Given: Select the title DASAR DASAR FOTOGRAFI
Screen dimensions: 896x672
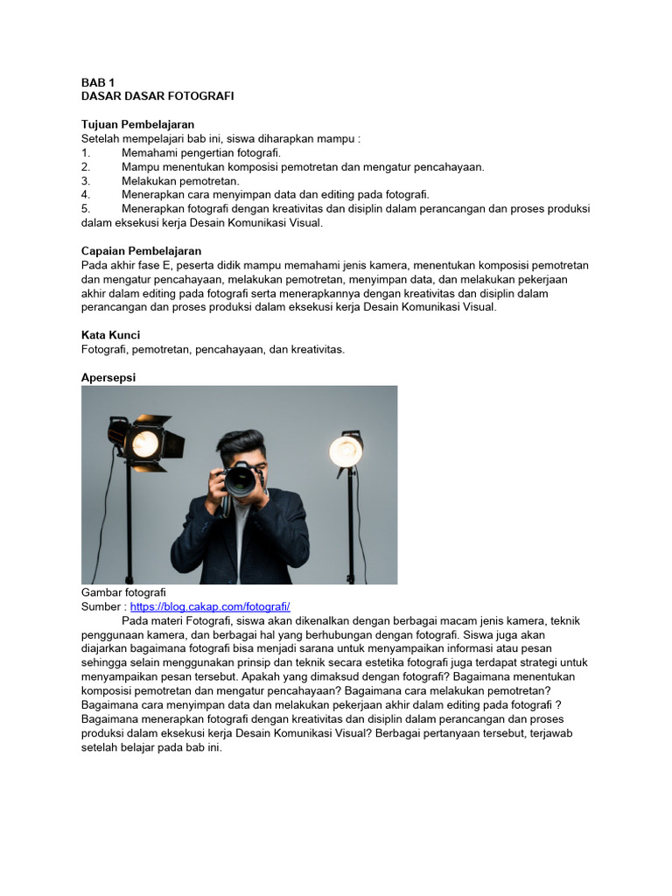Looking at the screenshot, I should click(x=157, y=95).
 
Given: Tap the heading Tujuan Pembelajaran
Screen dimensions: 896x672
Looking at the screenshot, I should click(x=137, y=124).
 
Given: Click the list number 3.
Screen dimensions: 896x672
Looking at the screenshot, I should click(x=86, y=180).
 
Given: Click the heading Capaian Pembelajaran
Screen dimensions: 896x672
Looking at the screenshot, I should click(x=141, y=251).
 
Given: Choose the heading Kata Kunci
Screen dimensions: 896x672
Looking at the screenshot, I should click(x=110, y=335).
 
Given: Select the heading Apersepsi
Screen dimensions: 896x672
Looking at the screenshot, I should click(x=108, y=377).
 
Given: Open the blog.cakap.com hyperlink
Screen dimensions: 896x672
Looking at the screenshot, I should click(x=210, y=606).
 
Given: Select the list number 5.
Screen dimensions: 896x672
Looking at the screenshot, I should click(x=86, y=208).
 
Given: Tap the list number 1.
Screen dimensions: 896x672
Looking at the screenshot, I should click(x=86, y=152).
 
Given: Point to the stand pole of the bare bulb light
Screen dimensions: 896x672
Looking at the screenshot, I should click(x=351, y=525).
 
